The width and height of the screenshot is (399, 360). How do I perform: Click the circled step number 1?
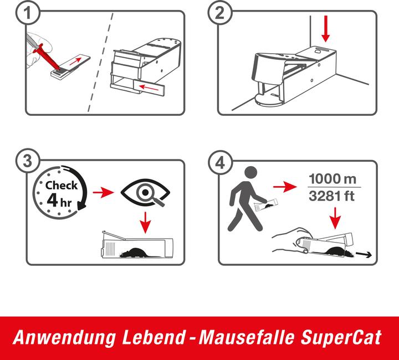[28, 13]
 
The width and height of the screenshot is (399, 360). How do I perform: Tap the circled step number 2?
[220, 13]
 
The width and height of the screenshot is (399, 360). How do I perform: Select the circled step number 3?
[28, 161]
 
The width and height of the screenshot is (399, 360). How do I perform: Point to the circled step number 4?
[220, 162]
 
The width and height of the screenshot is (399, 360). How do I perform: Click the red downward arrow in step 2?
[325, 29]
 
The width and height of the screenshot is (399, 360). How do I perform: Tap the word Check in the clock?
[62, 186]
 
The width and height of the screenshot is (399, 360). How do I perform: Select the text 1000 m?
[332, 179]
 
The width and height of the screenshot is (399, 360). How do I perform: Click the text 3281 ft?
[331, 196]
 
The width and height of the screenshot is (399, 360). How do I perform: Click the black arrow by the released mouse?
[364, 254]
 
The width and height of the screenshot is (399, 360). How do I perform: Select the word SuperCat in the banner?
[341, 337]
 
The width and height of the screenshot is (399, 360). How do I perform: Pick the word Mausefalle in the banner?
[246, 337]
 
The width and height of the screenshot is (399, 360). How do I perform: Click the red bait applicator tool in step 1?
[48, 58]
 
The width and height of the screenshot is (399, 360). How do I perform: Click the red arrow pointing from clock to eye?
[103, 192]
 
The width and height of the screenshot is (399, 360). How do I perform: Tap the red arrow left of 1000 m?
[285, 187]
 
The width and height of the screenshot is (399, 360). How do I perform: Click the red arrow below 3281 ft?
[335, 218]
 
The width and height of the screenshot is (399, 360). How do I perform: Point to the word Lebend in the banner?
[154, 337]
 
